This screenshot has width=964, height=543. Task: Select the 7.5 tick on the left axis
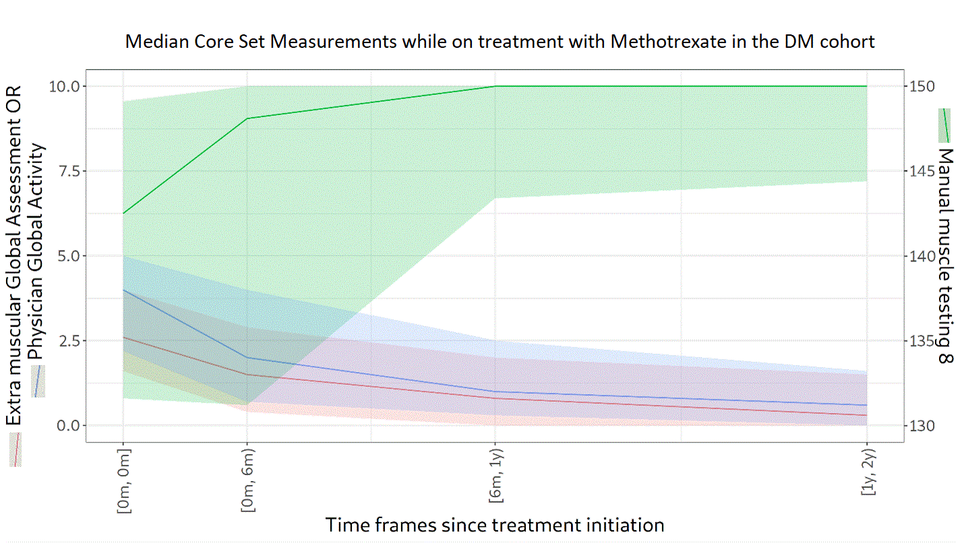[x=66, y=171]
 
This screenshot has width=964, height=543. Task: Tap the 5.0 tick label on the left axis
[x=66, y=256]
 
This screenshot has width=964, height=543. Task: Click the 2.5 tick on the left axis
[x=66, y=341]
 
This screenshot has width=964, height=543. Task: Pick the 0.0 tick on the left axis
[x=66, y=426]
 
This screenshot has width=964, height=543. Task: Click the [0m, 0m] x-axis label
[x=123, y=480]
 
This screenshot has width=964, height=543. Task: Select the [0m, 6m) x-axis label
[x=247, y=480]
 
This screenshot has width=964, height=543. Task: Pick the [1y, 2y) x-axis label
[x=867, y=473]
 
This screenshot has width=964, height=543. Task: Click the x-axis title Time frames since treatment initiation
[x=495, y=525]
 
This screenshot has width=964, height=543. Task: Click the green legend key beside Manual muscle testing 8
[x=945, y=125]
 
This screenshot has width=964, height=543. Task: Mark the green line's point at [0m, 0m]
[x=123, y=214]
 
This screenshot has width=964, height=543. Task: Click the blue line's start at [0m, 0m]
[x=123, y=290]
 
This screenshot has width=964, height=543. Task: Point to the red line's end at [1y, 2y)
[x=867, y=415]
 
